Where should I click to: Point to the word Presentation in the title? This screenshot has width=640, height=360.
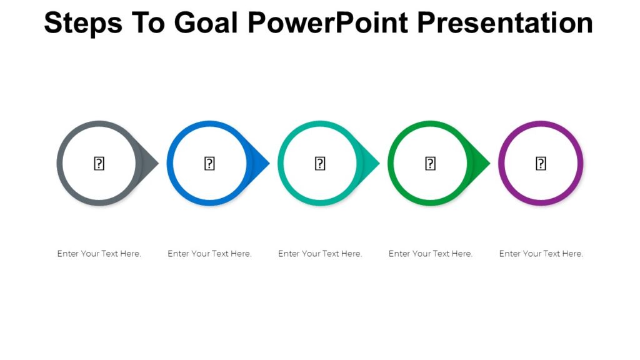point(505,23)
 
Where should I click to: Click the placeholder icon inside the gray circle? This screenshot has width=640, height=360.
point(99,164)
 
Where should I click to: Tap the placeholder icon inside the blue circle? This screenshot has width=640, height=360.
point(209,164)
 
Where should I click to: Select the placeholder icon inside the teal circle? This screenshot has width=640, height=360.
point(320,164)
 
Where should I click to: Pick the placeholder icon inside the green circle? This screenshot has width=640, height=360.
point(431,164)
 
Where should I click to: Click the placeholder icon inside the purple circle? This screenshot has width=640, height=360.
point(541,164)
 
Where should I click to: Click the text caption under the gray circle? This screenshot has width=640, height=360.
point(99,254)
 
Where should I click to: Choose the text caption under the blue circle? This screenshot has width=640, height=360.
point(209,254)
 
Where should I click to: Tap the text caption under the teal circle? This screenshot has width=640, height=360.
point(320,254)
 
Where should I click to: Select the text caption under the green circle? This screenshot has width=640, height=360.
point(431,254)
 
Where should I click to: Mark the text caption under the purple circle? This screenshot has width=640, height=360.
point(541,254)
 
